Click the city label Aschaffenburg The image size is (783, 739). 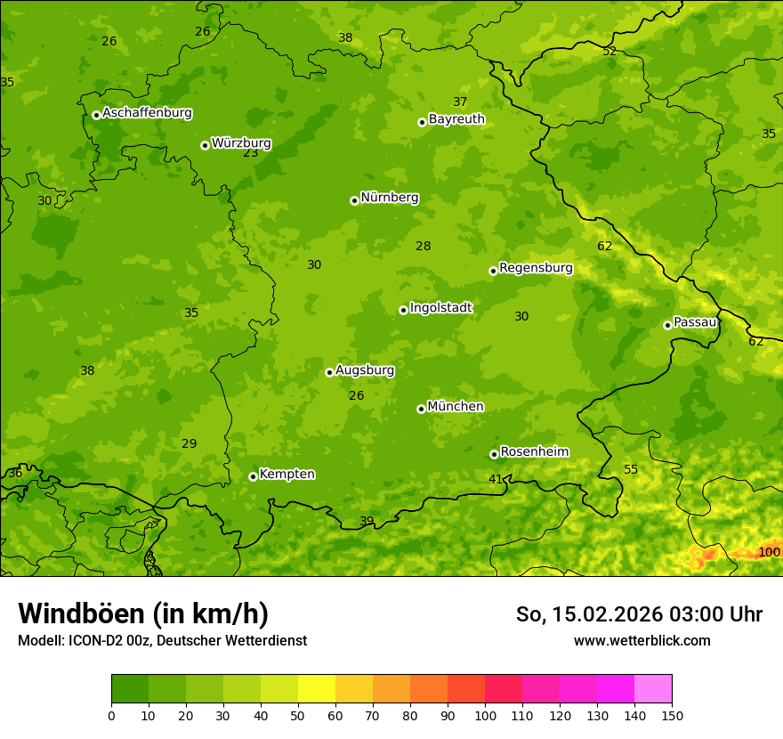(147, 113)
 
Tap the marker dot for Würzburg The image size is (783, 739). (205, 145)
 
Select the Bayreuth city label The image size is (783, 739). (456, 118)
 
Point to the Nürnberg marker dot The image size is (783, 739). (354, 200)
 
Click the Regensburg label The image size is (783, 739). (536, 267)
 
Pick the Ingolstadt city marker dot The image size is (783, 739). (403, 310)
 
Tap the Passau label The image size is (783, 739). (695, 321)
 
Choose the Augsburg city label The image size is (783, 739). (365, 369)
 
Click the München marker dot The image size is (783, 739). (421, 409)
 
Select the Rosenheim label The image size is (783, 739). (534, 451)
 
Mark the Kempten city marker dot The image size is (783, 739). (253, 476)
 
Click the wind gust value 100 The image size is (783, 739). (769, 552)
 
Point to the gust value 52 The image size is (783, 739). (609, 51)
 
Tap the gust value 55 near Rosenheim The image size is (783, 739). (631, 469)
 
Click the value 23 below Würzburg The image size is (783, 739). (251, 152)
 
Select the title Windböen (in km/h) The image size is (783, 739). (143, 613)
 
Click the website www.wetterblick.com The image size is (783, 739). (642, 640)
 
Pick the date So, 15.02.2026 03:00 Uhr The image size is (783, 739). (639, 614)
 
